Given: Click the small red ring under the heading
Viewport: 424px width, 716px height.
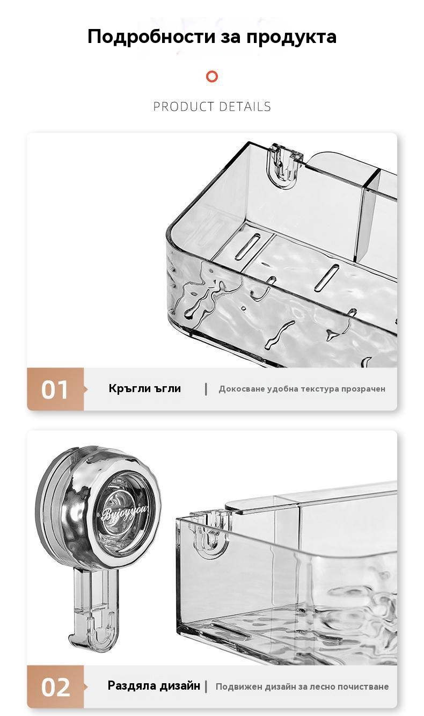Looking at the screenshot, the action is click(x=212, y=77).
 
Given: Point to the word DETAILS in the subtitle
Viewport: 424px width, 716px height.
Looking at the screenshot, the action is click(x=245, y=106).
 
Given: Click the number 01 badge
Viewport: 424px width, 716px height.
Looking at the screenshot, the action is click(x=55, y=389).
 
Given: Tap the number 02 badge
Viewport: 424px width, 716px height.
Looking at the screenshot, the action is click(x=55, y=686).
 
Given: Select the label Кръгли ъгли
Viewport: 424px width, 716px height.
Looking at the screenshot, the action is click(x=144, y=388).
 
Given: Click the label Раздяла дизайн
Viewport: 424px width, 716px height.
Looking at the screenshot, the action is click(x=153, y=685).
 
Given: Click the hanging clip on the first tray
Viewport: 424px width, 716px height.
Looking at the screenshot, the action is click(x=284, y=165).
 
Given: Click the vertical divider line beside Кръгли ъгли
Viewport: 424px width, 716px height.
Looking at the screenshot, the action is click(x=206, y=389).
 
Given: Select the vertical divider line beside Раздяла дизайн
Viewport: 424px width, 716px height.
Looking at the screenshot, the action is click(x=206, y=686).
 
